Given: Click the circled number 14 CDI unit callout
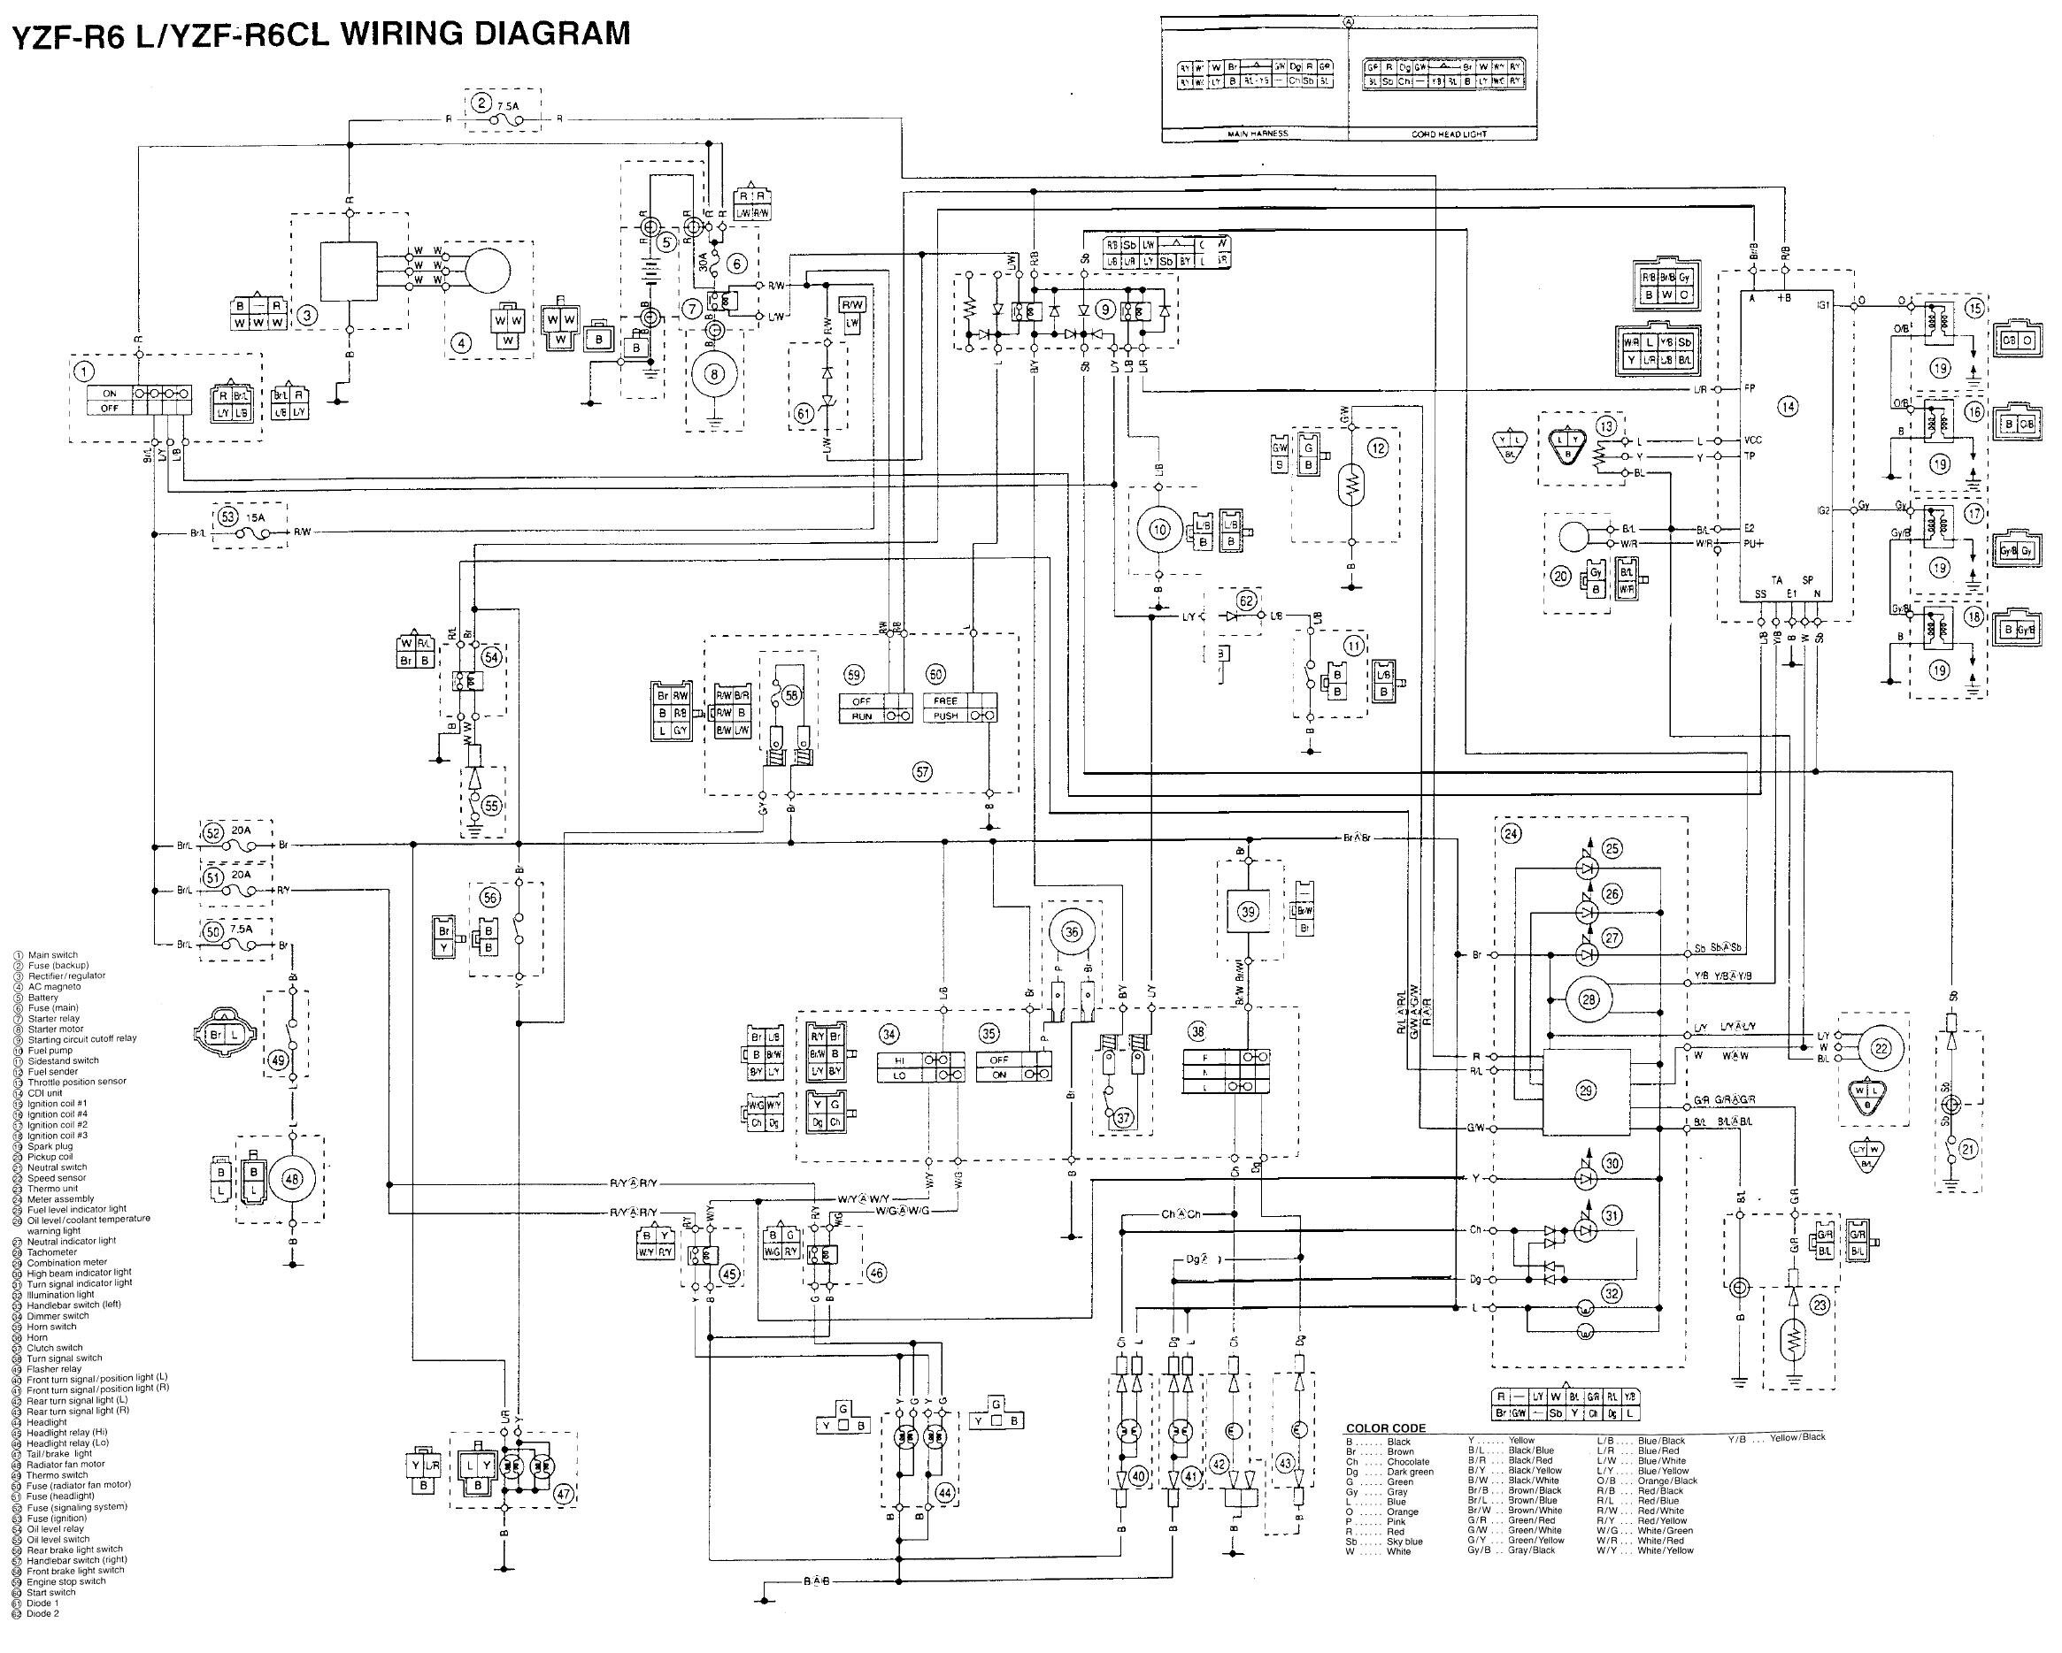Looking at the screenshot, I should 1787,406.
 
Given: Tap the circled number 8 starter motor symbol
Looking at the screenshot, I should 713,375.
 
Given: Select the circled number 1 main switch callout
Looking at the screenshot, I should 87,370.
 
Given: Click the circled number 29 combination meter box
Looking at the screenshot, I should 1586,1091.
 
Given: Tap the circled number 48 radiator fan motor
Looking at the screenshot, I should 293,1180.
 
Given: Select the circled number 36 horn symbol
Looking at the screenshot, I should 1071,931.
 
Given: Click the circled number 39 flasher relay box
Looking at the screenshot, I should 1248,911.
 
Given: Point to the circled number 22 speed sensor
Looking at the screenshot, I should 1881,1048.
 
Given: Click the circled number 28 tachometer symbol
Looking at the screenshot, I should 1589,1000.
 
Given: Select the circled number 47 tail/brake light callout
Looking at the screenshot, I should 564,1495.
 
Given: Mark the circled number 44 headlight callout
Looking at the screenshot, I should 945,1493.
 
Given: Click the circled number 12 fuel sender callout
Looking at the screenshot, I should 1377,448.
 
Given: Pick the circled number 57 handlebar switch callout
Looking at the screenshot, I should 922,772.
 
